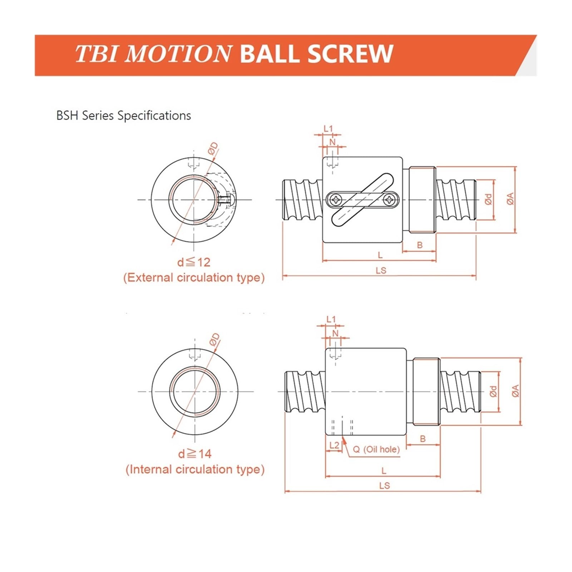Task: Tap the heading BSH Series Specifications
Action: coord(123,116)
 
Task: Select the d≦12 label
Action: coord(194,262)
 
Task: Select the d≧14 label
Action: coord(195,454)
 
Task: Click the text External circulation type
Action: coord(194,278)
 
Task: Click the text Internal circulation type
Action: coord(195,469)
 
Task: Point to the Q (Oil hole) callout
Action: coord(376,449)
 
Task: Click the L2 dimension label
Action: coord(334,445)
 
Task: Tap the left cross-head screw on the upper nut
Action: coord(337,199)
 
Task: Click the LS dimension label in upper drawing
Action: coord(381,271)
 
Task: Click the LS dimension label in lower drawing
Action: coord(384,486)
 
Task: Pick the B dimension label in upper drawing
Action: coord(420,245)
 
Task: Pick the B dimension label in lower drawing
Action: coord(423,439)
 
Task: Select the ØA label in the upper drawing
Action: coord(510,199)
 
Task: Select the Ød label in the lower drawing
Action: coord(493,391)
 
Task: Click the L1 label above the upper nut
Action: coord(328,129)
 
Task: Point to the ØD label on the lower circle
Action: coord(214,340)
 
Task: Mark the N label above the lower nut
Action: coord(335,333)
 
